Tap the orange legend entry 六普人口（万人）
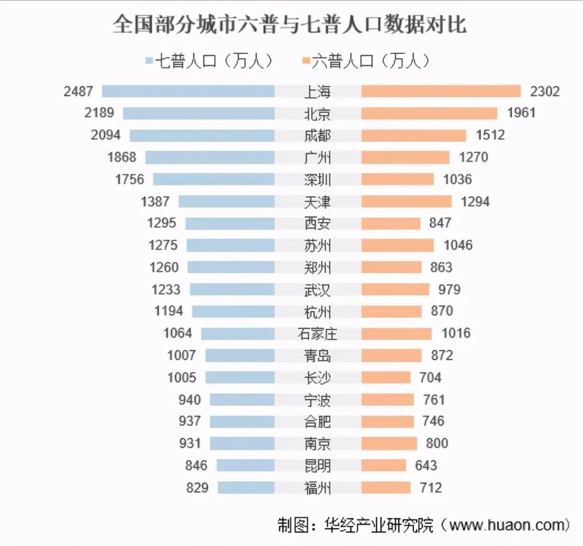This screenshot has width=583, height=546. pyautogui.click(x=367, y=62)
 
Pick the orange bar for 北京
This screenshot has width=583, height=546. pyautogui.click(x=429, y=113)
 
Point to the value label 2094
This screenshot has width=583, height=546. pyautogui.click(x=106, y=135)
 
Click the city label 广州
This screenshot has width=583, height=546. pyautogui.click(x=317, y=158)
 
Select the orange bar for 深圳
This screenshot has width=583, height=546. pyautogui.click(x=397, y=179)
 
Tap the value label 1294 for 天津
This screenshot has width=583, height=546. pyautogui.click(x=475, y=202)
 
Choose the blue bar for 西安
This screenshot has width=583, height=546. pyautogui.click(x=229, y=223)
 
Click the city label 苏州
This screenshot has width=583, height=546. pyautogui.click(x=317, y=245)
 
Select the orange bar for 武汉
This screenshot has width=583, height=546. pyautogui.click(x=395, y=290)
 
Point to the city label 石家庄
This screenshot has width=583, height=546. pyautogui.click(x=317, y=334)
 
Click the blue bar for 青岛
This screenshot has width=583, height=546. pyautogui.click(x=240, y=356)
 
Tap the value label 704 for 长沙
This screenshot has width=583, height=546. pyautogui.click(x=430, y=378)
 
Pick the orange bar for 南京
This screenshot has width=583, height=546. pyautogui.click(x=389, y=443)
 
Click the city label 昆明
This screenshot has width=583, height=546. pyautogui.click(x=317, y=466)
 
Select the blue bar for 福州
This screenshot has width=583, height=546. pyautogui.click(x=246, y=488)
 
